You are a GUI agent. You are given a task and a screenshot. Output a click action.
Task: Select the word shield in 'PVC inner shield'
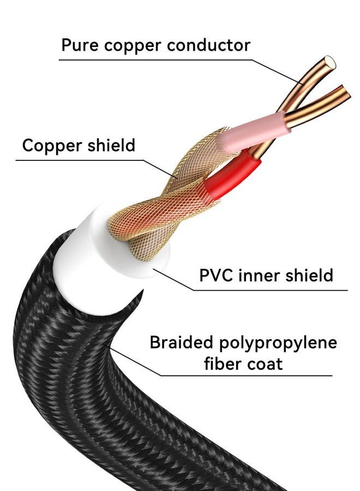[x=308, y=275]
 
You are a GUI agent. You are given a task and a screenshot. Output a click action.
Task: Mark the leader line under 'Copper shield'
[x=82, y=160]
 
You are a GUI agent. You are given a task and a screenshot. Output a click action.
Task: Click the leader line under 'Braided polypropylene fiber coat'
[x=245, y=375]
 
